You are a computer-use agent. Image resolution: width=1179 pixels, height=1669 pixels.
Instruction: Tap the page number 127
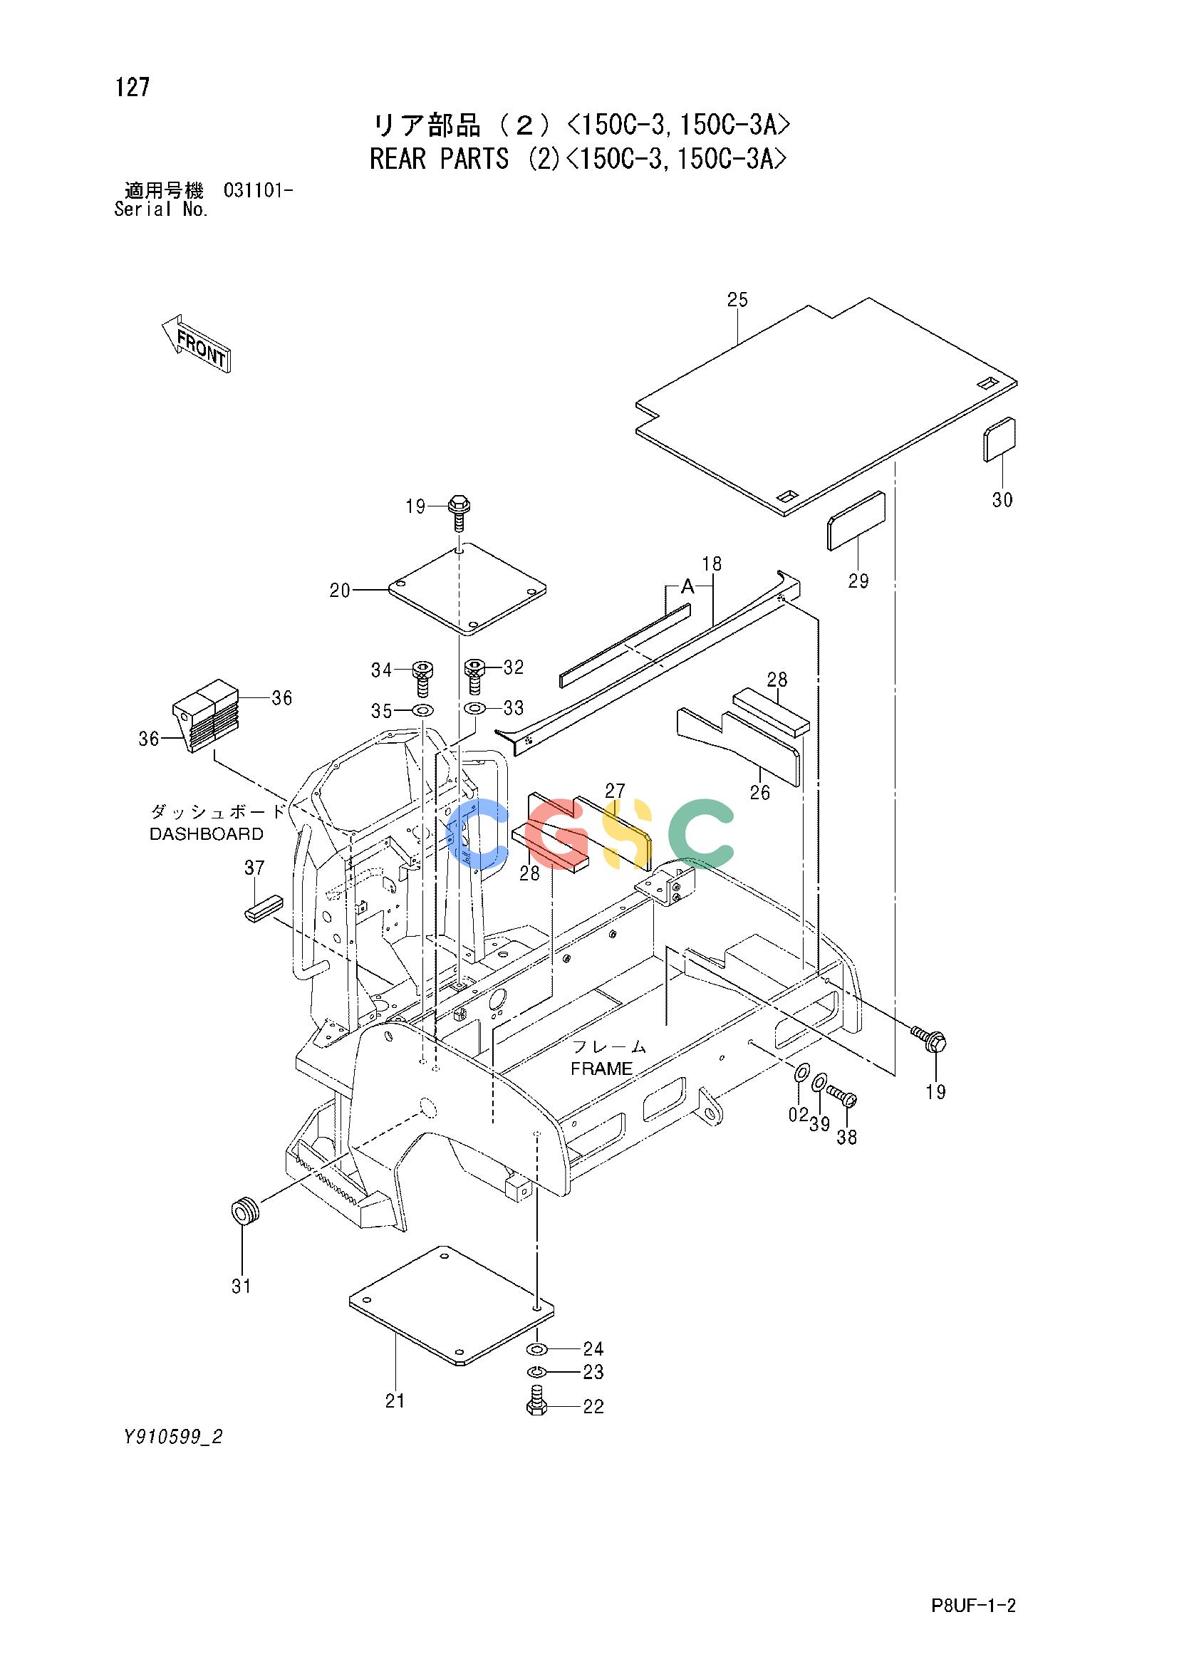tap(132, 88)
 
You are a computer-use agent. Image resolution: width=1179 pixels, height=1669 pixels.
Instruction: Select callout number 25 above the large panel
tap(737, 299)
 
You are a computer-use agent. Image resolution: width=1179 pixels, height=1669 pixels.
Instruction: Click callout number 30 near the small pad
tap(1002, 499)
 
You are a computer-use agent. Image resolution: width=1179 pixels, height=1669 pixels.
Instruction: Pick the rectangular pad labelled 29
tap(856, 521)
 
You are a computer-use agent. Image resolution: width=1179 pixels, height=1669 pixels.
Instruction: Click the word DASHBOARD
tap(207, 833)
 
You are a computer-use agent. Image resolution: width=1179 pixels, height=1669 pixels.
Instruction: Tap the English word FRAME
tap(601, 1069)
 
